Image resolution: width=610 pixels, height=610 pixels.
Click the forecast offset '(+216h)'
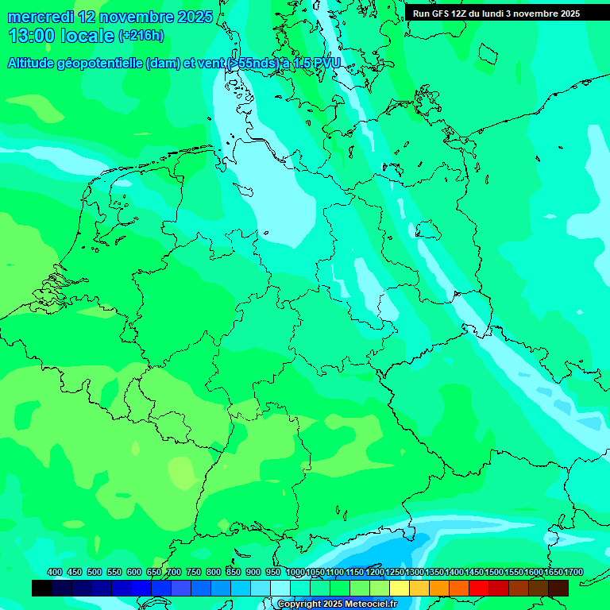pyautogui.click(x=141, y=36)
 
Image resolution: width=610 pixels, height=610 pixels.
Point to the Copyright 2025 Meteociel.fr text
pyautogui.click(x=337, y=604)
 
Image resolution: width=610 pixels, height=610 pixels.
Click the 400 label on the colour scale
pyautogui.click(x=55, y=573)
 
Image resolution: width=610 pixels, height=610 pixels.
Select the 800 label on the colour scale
pyautogui.click(x=213, y=573)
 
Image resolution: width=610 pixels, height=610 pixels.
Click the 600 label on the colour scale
pyautogui.click(x=133, y=573)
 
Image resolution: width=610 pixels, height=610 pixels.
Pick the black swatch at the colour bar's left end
pyautogui.click(x=42, y=588)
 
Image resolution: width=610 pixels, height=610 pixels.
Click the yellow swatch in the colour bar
pyautogui.click(x=400, y=588)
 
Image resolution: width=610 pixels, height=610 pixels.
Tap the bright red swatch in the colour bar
pyautogui.click(x=479, y=588)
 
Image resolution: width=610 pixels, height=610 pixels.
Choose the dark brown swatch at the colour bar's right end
pyautogui.click(x=558, y=588)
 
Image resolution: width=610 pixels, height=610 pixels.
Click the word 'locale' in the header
pyautogui.click(x=86, y=36)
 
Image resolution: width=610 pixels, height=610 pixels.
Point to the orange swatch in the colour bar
pyautogui.click(x=439, y=588)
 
